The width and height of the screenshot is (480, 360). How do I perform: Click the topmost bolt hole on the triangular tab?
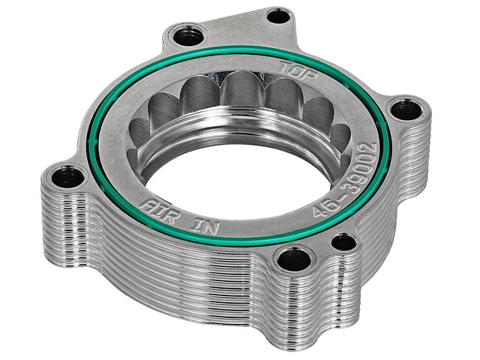(279, 16)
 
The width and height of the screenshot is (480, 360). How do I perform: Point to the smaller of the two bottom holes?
(343, 241)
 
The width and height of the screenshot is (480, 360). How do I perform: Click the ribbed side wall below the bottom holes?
(300, 315)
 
